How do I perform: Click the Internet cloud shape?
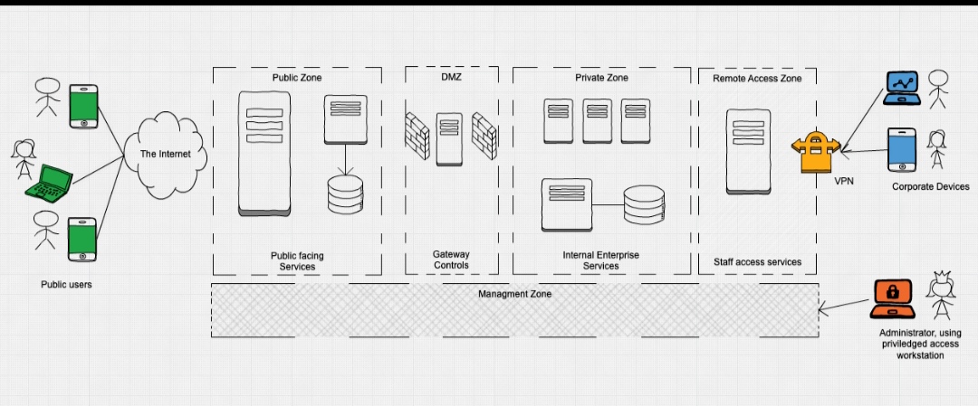coord(165,153)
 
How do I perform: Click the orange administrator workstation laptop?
coord(892,299)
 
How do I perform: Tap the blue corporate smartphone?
coord(901,149)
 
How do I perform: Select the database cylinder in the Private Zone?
coord(644,206)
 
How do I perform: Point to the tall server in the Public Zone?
coord(264,153)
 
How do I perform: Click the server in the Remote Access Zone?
coord(748,152)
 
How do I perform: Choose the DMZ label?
coord(451,79)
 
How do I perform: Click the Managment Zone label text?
coord(514,294)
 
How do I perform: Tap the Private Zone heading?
coord(601,79)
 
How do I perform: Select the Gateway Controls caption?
coord(451,260)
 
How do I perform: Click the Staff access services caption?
coord(757,262)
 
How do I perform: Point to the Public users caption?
coord(66,285)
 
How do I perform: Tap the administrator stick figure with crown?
coord(939,294)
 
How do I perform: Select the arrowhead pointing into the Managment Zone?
coord(823,310)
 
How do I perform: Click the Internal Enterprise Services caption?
coord(600,260)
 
